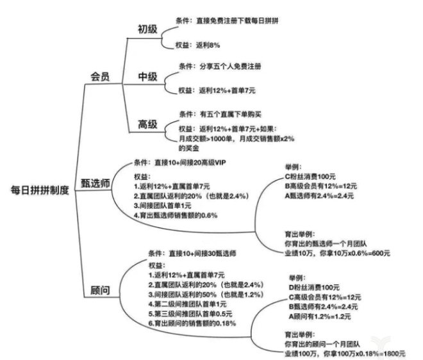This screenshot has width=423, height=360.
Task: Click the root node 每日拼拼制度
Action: (x=40, y=190)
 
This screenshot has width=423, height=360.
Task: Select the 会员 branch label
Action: (x=100, y=77)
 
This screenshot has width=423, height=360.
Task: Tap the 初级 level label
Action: (x=147, y=29)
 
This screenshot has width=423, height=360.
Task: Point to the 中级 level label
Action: (x=147, y=77)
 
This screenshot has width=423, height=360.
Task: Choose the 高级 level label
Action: (x=147, y=124)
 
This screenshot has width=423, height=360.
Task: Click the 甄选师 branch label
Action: (x=95, y=183)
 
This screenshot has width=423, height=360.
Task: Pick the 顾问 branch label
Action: (x=100, y=290)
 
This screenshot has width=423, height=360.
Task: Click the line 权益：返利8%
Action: (x=198, y=45)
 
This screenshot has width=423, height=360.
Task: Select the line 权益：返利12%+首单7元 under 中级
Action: (x=217, y=90)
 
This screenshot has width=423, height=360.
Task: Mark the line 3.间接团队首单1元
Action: (x=163, y=206)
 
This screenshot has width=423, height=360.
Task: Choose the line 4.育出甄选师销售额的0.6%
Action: (x=176, y=215)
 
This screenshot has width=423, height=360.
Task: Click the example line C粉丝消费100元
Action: (x=310, y=177)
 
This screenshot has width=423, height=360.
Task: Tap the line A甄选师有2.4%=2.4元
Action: (x=319, y=196)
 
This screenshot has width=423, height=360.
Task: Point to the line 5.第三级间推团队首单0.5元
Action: (x=190, y=314)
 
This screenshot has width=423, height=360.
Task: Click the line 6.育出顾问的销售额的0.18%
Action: (x=192, y=323)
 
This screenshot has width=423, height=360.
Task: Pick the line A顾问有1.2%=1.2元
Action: (x=320, y=316)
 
